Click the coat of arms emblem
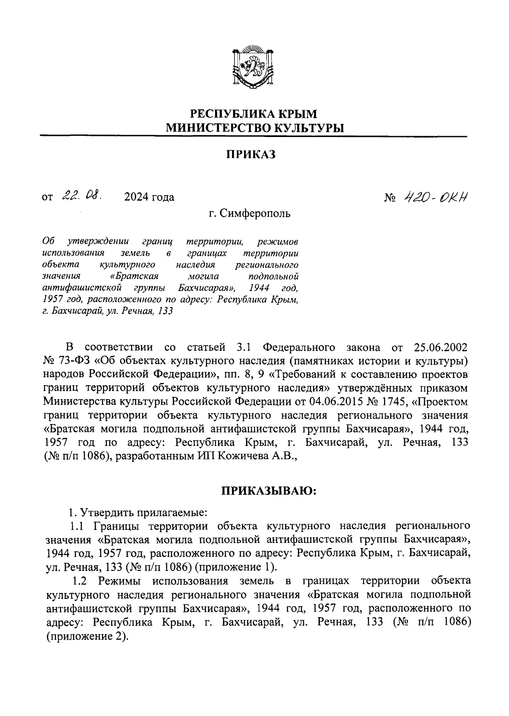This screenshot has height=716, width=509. (x=253, y=68)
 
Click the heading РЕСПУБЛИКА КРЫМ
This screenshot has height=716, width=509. (x=253, y=113)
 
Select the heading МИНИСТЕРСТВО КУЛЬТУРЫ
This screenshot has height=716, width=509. (x=255, y=127)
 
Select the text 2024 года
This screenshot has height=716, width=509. (x=149, y=197)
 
